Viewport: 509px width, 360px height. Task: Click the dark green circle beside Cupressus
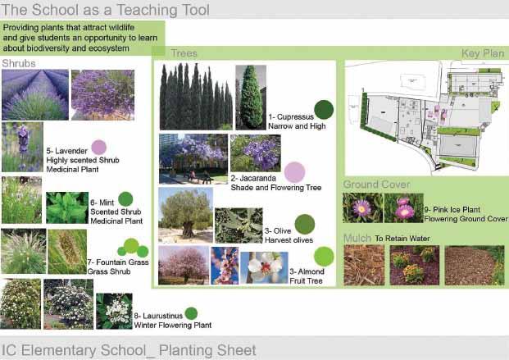tap(324, 110)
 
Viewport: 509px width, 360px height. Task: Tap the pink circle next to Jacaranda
tap(295, 172)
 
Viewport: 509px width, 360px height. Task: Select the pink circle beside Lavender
tap(99, 147)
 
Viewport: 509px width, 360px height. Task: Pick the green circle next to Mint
tap(125, 199)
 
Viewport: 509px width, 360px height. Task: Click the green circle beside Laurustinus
tap(191, 313)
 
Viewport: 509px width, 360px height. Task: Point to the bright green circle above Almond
tap(324, 257)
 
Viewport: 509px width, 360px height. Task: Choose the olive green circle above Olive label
tap(305, 224)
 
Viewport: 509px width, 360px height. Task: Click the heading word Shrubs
tap(19, 63)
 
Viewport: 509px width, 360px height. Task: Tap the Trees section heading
tap(184, 53)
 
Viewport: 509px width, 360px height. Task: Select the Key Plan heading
tap(483, 53)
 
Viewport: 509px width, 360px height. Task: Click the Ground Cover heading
tap(376, 185)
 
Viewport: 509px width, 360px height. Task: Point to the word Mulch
tap(357, 238)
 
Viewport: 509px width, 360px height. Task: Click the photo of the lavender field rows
tap(35, 95)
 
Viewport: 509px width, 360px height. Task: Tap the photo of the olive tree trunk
tap(186, 215)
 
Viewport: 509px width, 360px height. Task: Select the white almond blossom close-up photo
tap(264, 268)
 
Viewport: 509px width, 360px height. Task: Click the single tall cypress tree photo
tap(251, 98)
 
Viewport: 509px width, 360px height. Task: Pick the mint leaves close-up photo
tap(67, 207)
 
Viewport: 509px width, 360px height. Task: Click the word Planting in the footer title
tap(184, 351)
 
